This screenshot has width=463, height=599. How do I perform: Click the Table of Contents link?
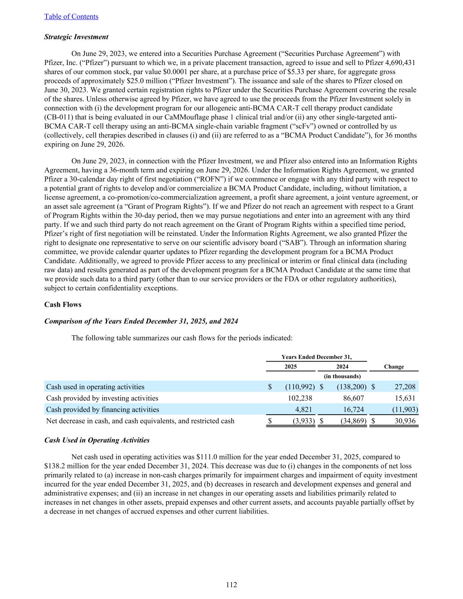(71, 17)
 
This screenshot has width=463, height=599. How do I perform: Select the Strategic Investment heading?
(76, 37)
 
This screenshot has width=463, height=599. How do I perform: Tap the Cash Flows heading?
(63, 305)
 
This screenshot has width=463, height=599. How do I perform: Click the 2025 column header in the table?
(291, 367)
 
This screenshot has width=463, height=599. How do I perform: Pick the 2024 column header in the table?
(342, 367)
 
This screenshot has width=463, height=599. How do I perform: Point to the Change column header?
(394, 367)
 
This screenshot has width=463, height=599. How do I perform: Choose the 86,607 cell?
(352, 398)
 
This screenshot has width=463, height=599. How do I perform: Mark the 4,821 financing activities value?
(303, 410)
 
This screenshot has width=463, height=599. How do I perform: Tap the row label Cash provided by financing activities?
(103, 410)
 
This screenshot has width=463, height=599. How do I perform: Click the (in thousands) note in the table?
(342, 377)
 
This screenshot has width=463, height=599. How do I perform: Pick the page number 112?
(231, 585)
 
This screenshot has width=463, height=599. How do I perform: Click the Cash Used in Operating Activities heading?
(97, 440)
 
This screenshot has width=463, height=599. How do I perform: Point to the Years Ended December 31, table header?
(316, 357)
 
